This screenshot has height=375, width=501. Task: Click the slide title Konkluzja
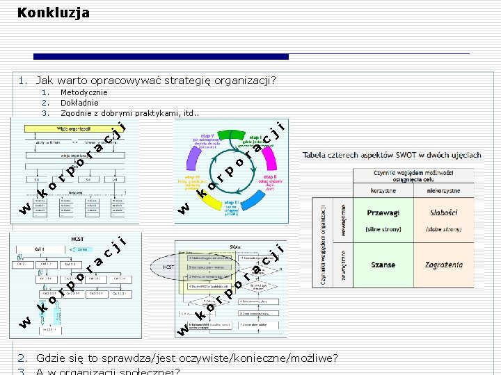pyautogui.click(x=54, y=12)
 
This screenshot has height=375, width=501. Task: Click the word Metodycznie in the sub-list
pyautogui.click(x=84, y=92)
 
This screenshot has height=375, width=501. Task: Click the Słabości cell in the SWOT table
pyautogui.click(x=443, y=213)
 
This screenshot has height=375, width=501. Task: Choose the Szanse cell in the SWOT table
pyautogui.click(x=383, y=265)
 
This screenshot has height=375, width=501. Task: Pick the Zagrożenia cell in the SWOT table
pyautogui.click(x=443, y=265)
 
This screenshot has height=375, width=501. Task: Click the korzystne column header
pyautogui.click(x=383, y=190)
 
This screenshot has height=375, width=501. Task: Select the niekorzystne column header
pyautogui.click(x=443, y=190)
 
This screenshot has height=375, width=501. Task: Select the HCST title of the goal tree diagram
pyautogui.click(x=77, y=238)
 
